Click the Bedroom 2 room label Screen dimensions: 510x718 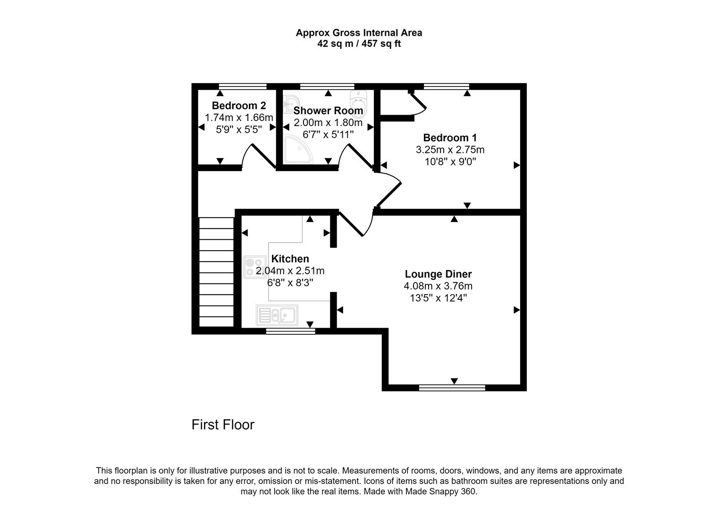coord(238,105)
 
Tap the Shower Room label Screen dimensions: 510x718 coord(328,111)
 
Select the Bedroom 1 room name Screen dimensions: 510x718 coord(450,138)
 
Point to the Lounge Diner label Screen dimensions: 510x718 coord(438,274)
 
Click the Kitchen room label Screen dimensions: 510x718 coord(290,259)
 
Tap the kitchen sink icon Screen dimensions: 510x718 coord(277,315)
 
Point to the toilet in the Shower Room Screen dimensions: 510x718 coord(358,100)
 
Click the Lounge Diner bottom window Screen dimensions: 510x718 coord(452,388)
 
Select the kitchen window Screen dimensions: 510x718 coord(290,331)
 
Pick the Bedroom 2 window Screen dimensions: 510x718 coord(243,86)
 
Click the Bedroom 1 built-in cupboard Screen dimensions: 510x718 coord(396,104)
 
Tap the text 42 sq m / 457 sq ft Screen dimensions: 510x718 coord(359,44)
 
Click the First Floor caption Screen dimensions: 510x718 coord(223,425)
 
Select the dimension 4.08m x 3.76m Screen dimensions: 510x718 coord(438,286)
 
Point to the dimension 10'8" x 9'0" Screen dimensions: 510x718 coord(450,161)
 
